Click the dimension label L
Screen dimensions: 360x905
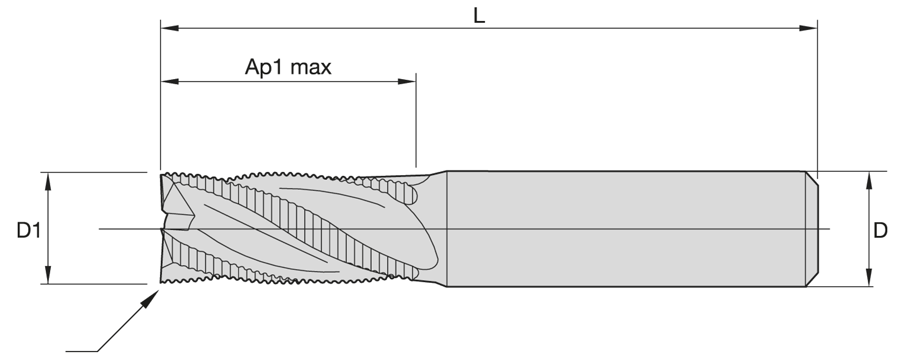point(479,16)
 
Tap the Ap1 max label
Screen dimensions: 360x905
point(288,67)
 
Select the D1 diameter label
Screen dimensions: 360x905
point(29,230)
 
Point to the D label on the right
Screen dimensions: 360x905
point(880,230)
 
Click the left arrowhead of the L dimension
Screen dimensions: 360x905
point(169,28)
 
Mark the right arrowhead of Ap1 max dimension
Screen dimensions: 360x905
point(407,82)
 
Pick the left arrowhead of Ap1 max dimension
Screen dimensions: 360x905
point(169,82)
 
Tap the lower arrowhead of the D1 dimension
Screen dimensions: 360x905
point(48,275)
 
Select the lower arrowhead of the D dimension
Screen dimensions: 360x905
point(869,278)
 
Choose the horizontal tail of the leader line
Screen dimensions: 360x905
point(82,351)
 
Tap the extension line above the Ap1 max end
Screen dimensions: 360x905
point(416,121)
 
